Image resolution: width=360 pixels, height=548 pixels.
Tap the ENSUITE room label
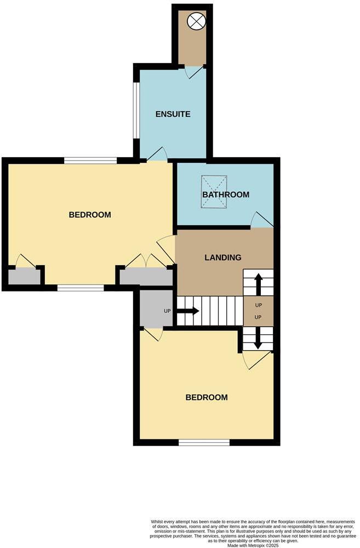(173, 115)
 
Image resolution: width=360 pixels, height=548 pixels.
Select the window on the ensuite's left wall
(136, 111)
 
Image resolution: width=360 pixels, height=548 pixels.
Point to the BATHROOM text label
(226, 195)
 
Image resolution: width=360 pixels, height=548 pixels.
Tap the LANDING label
(223, 258)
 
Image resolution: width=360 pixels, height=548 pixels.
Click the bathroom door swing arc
(261, 220)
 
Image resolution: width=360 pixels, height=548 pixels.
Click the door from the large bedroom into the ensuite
(157, 155)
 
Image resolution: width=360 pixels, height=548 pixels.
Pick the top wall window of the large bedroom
(90, 161)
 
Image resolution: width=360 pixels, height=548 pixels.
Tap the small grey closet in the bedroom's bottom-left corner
(24, 277)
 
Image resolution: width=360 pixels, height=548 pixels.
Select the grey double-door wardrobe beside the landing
(146, 277)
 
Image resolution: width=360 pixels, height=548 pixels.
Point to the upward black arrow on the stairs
(258, 283)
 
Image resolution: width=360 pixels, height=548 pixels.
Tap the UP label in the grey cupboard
(168, 311)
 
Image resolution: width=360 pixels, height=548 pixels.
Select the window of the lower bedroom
(204, 442)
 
